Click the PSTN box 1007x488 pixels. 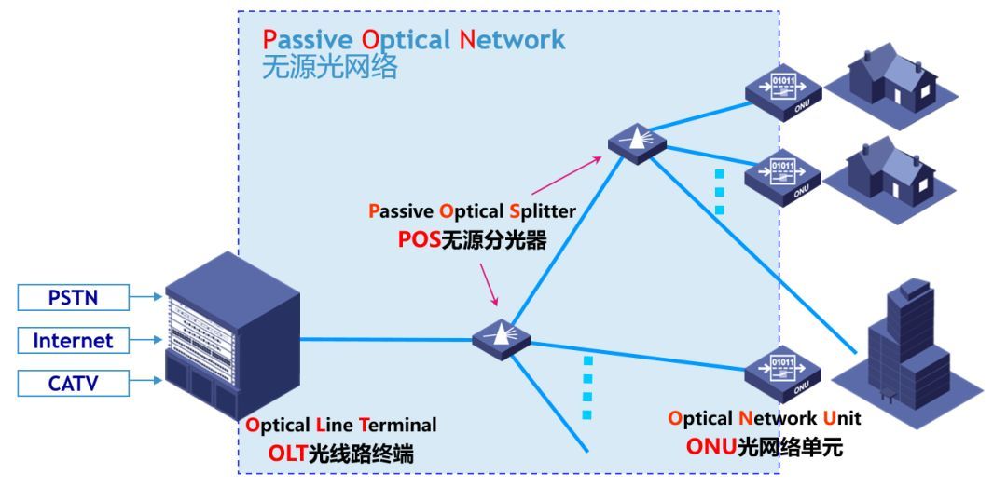coord(74,298)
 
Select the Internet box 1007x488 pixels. coord(74,341)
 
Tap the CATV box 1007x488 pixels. coord(74,383)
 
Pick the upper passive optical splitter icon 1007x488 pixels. coord(638,141)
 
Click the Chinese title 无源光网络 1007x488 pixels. coord(330,68)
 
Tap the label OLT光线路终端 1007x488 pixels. coord(341,454)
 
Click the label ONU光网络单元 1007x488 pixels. coord(764,447)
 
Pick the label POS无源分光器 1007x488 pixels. coord(472,239)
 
